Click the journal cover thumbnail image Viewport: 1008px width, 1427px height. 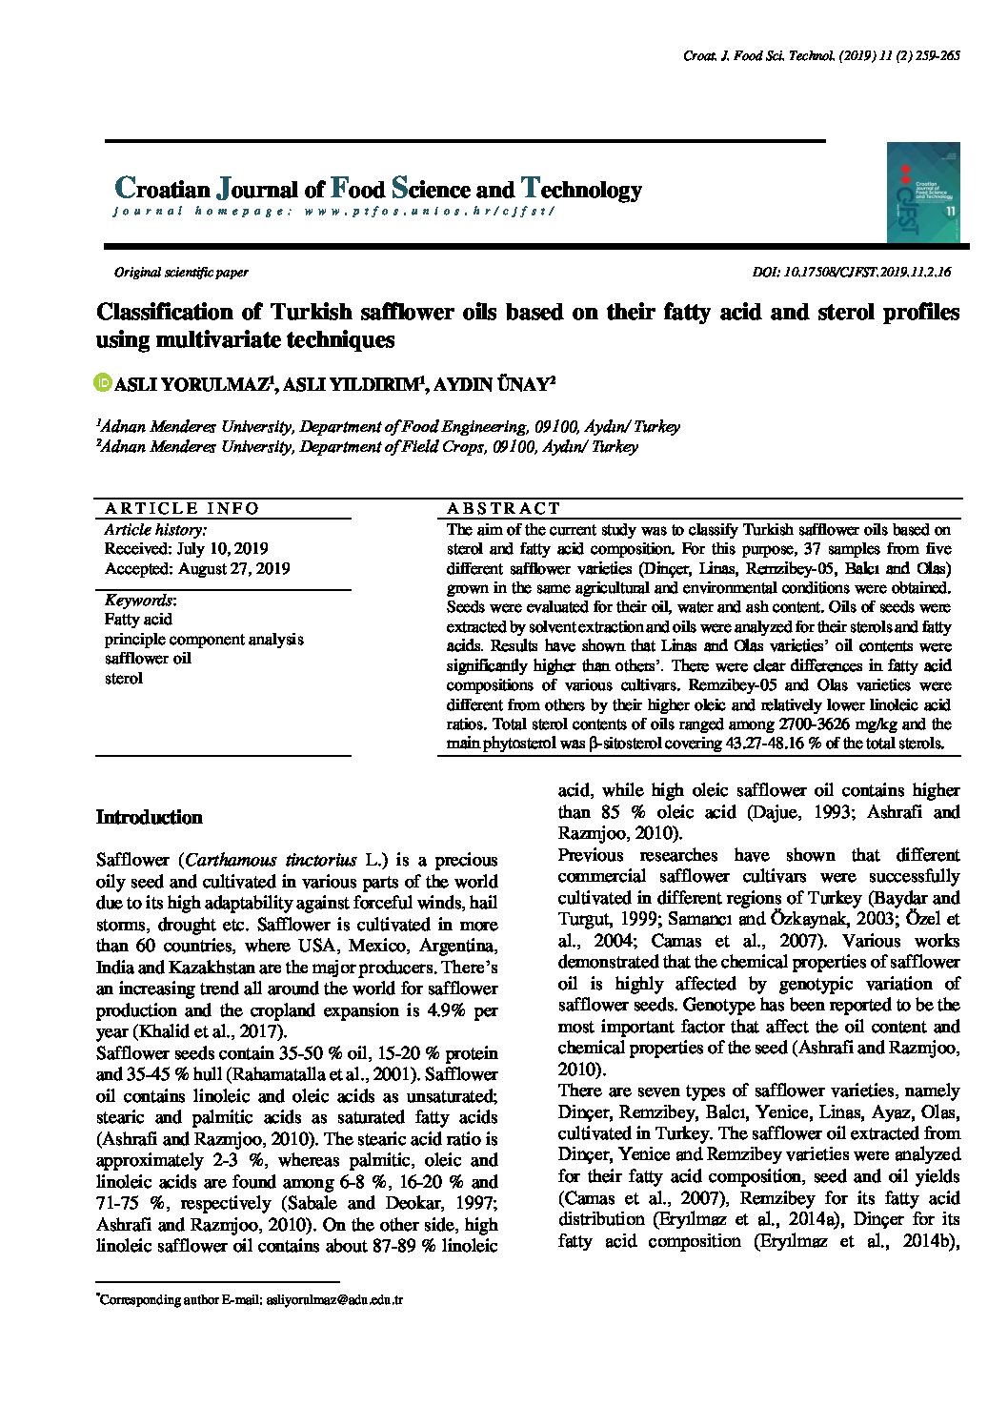click(923, 193)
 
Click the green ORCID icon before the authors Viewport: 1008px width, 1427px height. click(104, 383)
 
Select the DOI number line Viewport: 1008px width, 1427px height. click(851, 272)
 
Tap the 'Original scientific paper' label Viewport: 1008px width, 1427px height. click(181, 272)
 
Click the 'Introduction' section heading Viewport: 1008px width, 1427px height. click(150, 817)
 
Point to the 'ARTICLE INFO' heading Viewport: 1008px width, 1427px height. click(182, 508)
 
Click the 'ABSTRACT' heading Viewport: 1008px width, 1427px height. click(504, 508)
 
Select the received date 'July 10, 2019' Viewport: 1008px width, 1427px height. click(222, 549)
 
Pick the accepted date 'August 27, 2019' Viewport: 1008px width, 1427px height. click(233, 569)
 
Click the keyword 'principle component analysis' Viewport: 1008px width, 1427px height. click(204, 640)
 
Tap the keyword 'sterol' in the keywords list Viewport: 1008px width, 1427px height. click(124, 679)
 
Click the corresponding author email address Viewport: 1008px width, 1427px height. click(334, 1299)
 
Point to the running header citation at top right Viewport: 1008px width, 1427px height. click(821, 56)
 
